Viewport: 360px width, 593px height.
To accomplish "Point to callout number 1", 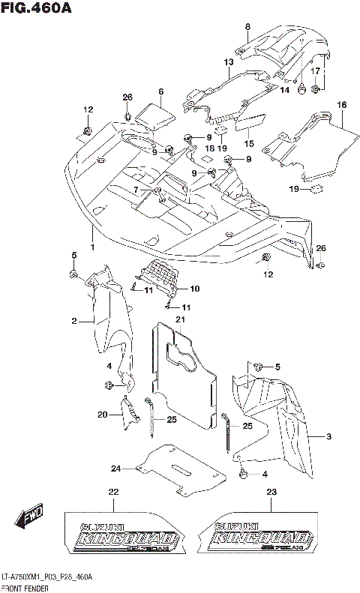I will (x=92, y=248).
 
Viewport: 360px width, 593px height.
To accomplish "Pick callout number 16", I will (x=341, y=105).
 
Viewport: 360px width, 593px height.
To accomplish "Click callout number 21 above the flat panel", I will (x=180, y=320).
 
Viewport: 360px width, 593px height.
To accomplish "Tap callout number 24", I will (x=115, y=469).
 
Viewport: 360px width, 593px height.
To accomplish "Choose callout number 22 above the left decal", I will (x=113, y=492).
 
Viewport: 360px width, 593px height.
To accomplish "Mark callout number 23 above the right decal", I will (x=271, y=492).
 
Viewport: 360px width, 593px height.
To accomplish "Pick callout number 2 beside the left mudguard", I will (x=74, y=321).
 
